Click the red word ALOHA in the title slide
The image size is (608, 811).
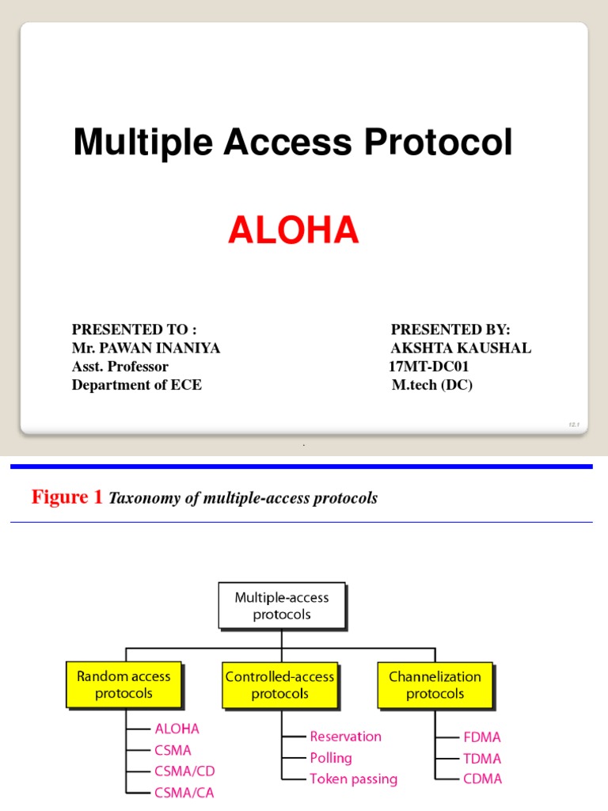[293, 230]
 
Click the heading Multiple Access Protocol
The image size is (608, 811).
[293, 143]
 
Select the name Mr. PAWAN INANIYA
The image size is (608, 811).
[146, 348]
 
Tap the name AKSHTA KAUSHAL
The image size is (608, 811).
[460, 348]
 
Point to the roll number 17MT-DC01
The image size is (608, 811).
[434, 367]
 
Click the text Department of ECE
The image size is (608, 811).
[136, 386]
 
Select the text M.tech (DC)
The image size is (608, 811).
[431, 386]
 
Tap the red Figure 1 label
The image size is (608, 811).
[67, 497]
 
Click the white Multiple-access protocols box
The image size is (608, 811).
[281, 607]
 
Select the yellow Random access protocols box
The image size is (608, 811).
[123, 685]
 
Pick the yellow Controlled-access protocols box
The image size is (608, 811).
[279, 685]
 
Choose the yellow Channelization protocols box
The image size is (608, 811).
[435, 685]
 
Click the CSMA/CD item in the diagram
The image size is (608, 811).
[184, 771]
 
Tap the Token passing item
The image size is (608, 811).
[353, 779]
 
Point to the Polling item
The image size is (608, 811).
[332, 758]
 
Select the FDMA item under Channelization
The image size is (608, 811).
[483, 737]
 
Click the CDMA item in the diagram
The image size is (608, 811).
[483, 779]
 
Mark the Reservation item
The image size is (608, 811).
[345, 737]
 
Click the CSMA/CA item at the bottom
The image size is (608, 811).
[184, 792]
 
